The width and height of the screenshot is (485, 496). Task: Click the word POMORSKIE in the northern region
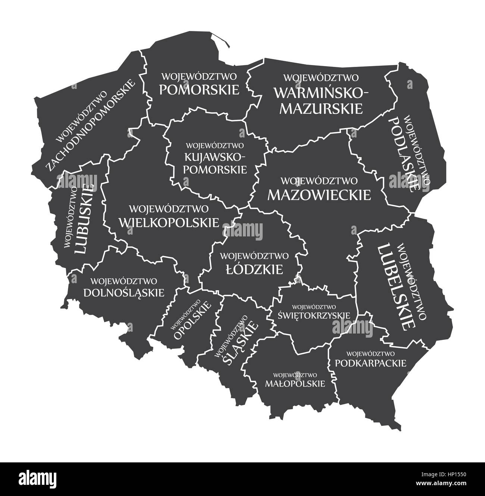pos(199,90)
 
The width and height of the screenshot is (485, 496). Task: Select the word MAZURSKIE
pos(321,108)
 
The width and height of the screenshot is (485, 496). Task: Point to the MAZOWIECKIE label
pos(319,195)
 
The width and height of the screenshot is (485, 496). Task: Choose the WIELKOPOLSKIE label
pos(169,223)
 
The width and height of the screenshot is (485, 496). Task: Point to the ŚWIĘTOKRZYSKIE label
pos(314,315)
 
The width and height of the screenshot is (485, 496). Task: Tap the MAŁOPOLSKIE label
pos(295,384)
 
